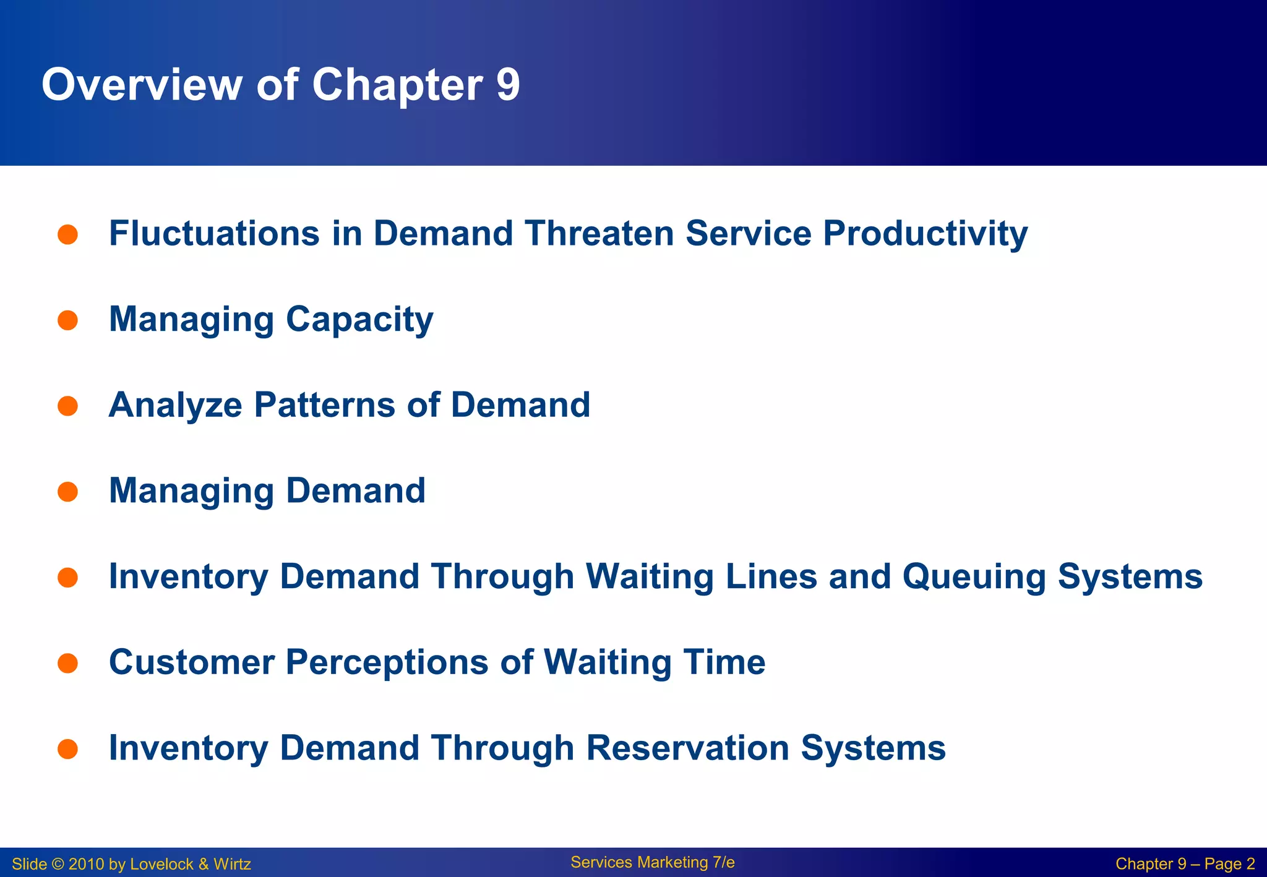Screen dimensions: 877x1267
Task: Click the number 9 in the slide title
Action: pyautogui.click(x=508, y=85)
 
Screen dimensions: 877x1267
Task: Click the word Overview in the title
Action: pyautogui.click(x=142, y=85)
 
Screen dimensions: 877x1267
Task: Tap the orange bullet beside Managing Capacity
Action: pyautogui.click(x=67, y=320)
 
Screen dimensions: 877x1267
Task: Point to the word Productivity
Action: pyautogui.click(x=925, y=234)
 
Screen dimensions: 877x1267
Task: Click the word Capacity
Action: pyautogui.click(x=359, y=320)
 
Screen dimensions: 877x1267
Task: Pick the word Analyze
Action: pyautogui.click(x=175, y=405)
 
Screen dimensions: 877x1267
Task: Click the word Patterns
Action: pyautogui.click(x=325, y=405)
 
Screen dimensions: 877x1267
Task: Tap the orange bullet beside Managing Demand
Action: pyautogui.click(x=67, y=492)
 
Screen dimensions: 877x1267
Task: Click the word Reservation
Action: pyautogui.click(x=687, y=748)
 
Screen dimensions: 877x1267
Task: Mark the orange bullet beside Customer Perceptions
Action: pyautogui.click(x=67, y=664)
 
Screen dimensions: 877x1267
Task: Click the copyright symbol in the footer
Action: pyautogui.click(x=58, y=864)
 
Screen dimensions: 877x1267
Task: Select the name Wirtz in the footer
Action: pyautogui.click(x=232, y=864)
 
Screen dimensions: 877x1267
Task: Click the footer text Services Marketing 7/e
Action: pyautogui.click(x=652, y=862)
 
